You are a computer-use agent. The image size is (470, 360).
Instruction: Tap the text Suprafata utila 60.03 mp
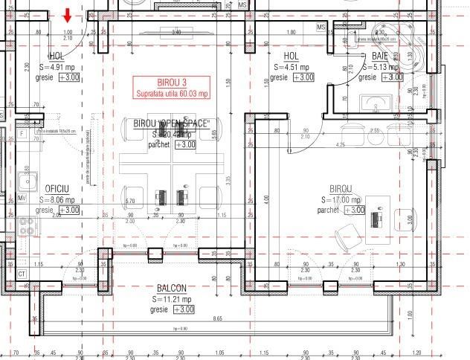point(172,93)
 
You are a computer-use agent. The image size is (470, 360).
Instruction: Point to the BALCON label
point(171,288)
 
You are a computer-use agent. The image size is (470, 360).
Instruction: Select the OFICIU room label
point(57,189)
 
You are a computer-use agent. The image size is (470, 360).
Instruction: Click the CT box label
point(22,274)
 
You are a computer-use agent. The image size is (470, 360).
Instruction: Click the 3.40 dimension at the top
point(176,33)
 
